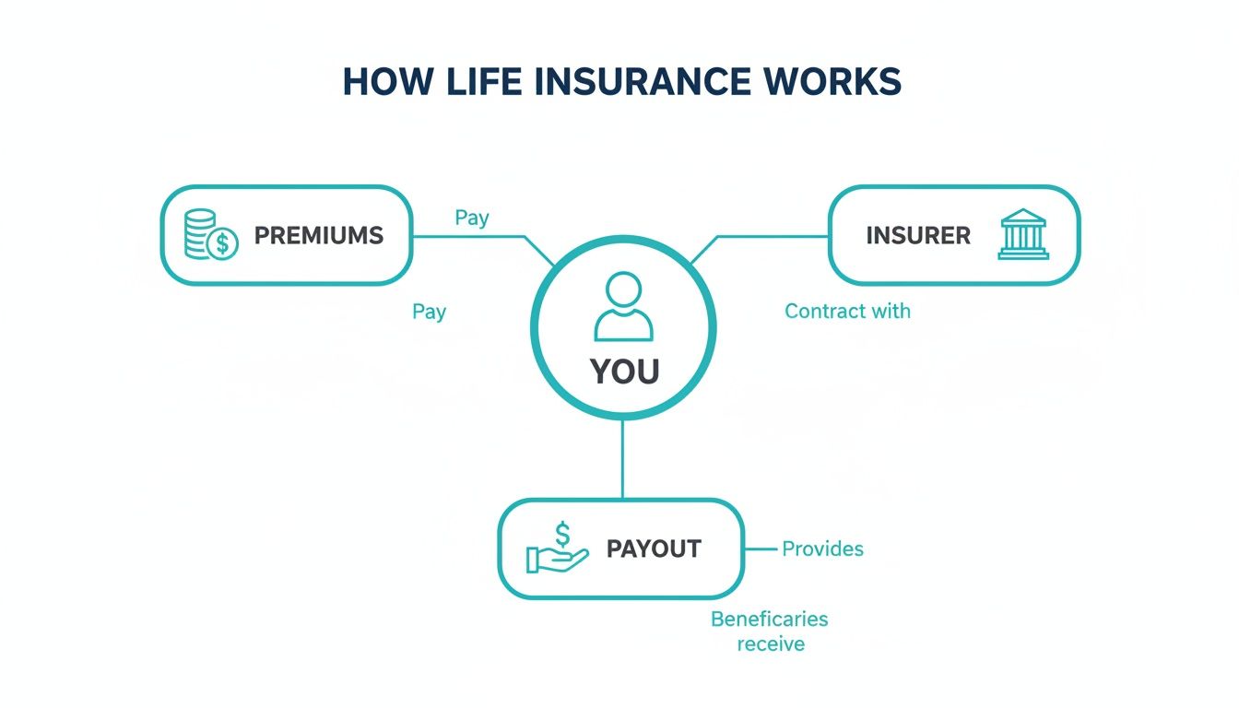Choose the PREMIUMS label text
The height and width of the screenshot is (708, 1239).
click(x=318, y=235)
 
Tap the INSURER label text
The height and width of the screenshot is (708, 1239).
click(x=918, y=235)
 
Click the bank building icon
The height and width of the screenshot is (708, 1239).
click(x=1023, y=234)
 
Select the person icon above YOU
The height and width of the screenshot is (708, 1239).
click(x=623, y=307)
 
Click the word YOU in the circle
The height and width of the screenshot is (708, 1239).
click(x=624, y=372)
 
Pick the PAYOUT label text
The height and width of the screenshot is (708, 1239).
click(x=654, y=549)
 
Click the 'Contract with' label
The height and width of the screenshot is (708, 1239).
click(x=847, y=312)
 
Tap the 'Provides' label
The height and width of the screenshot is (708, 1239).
click(x=822, y=549)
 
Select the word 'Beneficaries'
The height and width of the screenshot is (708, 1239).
click(x=769, y=619)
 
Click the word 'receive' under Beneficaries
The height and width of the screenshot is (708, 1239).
click(x=771, y=643)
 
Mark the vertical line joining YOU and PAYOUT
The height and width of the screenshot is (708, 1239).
click(x=623, y=459)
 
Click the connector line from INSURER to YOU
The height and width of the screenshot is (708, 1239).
click(x=765, y=236)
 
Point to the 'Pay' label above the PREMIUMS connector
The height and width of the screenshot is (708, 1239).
click(x=472, y=218)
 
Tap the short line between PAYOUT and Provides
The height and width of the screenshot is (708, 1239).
click(x=760, y=549)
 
